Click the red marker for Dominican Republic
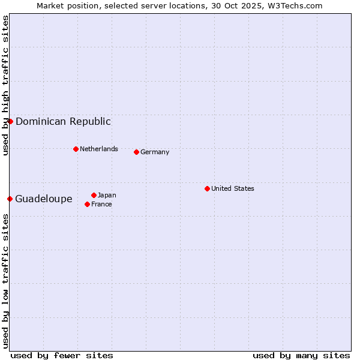click(10, 121)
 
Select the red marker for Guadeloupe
click(10, 199)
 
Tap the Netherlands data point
click(76, 149)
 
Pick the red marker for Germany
click(136, 152)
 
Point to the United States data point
click(207, 188)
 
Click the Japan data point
click(94, 195)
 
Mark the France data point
click(87, 204)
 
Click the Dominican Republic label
click(63, 121)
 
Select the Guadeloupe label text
click(44, 199)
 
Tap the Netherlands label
click(99, 149)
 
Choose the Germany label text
click(155, 152)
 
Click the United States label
click(233, 188)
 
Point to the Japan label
click(107, 195)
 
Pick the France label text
click(101, 204)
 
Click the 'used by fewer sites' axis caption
click(62, 355)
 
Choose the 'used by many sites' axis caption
click(301, 355)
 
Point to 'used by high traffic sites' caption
click(5, 85)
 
